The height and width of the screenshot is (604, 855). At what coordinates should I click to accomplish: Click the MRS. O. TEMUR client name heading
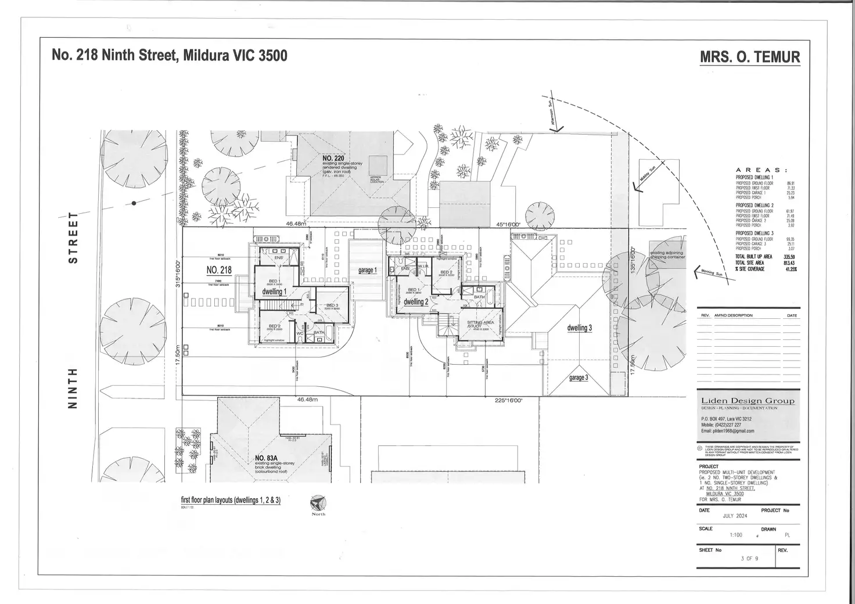coord(750,57)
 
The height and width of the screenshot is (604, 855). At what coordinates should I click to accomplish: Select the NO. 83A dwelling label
coord(268,458)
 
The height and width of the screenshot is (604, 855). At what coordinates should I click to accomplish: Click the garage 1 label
coord(367,270)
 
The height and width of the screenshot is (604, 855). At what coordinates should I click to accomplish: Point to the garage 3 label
coord(578,378)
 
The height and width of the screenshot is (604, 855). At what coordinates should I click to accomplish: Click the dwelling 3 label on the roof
coord(579,328)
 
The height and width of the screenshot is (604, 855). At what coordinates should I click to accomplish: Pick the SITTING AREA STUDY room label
coord(480,325)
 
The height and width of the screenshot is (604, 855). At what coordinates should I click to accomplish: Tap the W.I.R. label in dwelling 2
coord(423,266)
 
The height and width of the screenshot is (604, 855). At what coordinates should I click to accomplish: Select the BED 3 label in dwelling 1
coord(332,305)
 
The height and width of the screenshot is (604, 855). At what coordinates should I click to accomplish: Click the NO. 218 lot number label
coord(219,270)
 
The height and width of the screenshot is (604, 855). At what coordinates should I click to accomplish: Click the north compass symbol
coord(318,502)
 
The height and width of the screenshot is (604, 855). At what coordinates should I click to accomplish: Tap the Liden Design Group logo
coord(748,401)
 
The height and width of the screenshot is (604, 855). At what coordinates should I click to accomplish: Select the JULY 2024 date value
coord(735,516)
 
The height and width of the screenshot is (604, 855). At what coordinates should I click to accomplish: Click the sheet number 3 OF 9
coord(749,559)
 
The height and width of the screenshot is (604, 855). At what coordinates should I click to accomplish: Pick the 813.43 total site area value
coord(788,263)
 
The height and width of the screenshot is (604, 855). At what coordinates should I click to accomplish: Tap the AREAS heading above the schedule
coord(761,170)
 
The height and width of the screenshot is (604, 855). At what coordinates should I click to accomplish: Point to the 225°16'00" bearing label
coord(509,400)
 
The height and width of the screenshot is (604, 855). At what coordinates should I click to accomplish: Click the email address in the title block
coord(727,431)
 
